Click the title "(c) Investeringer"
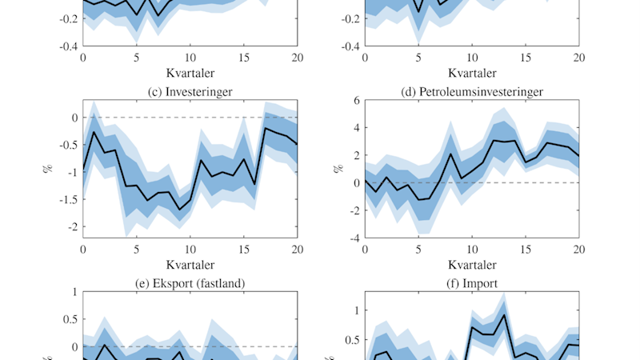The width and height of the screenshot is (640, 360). point(190,92)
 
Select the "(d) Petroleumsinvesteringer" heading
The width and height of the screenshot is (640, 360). point(472,92)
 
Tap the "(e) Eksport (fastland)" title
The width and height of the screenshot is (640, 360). point(190,283)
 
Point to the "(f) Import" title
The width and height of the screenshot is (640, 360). point(472,283)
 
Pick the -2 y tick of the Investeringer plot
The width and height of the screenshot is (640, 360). point(72,227)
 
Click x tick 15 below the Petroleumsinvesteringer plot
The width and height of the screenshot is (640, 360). point(526,250)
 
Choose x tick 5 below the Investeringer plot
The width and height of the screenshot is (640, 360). point(137,250)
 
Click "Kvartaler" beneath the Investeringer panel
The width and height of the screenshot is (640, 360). point(190,264)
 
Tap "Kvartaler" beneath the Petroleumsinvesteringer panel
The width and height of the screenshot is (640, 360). point(472,264)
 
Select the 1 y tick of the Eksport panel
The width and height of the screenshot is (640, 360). point(74,292)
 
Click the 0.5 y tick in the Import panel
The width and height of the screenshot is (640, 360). point(350,339)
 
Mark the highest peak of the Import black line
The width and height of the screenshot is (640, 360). point(504,314)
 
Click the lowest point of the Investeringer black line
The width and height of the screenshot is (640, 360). point(180,210)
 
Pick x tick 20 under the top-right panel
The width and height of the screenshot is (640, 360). point(579,58)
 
